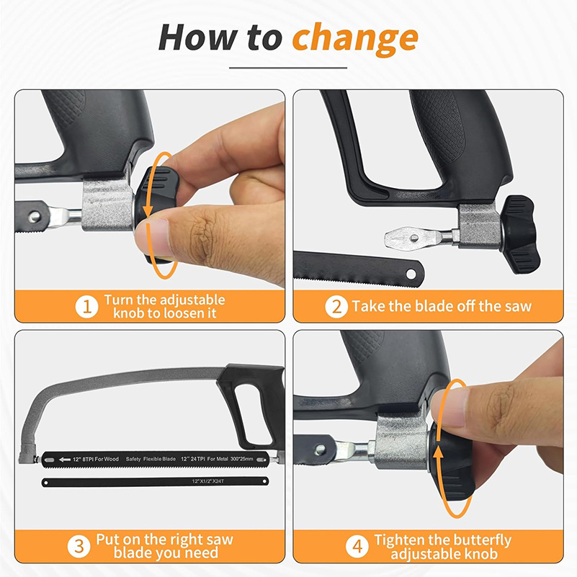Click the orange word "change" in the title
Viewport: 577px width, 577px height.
pyautogui.click(x=355, y=39)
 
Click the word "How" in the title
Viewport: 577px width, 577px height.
pyautogui.click(x=198, y=37)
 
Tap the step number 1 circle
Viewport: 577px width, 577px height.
pyautogui.click(x=87, y=307)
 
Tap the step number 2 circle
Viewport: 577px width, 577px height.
pyautogui.click(x=336, y=307)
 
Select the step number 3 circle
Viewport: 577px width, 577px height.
pyautogui.click(x=79, y=547)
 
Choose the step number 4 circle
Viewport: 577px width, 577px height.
pyautogui.click(x=357, y=547)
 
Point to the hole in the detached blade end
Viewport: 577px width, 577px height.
pyautogui.click(x=411, y=274)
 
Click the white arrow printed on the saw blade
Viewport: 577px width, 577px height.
pyautogui.click(x=65, y=460)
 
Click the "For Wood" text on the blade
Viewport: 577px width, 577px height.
pyautogui.click(x=107, y=460)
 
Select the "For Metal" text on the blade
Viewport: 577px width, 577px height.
pyautogui.click(x=218, y=459)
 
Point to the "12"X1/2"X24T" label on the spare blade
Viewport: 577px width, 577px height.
pyautogui.click(x=208, y=481)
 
